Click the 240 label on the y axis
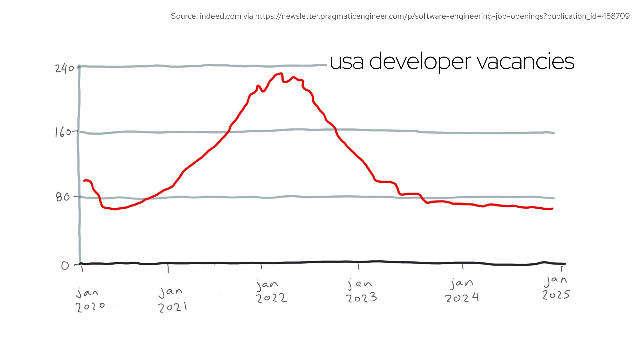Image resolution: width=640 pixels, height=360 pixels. (x=65, y=68)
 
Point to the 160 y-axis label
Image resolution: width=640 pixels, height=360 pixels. (x=63, y=132)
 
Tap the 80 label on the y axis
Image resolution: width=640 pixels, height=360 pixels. (x=63, y=197)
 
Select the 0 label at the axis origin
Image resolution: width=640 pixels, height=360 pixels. (x=65, y=265)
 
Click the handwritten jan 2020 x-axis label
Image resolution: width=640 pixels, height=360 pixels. (x=89, y=300)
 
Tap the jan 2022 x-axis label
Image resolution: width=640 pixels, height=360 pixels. (x=271, y=291)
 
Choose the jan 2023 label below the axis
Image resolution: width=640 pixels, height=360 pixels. (x=361, y=291)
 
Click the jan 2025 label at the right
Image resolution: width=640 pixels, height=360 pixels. (x=556, y=288)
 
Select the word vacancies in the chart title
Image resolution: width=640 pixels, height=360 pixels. (x=525, y=62)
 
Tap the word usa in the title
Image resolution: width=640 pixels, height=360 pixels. (x=346, y=62)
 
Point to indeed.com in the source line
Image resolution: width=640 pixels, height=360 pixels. (x=220, y=16)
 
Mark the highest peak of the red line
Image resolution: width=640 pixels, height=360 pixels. (x=281, y=74)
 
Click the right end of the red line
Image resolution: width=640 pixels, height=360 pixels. (x=552, y=209)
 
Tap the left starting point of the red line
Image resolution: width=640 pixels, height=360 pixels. (x=84, y=181)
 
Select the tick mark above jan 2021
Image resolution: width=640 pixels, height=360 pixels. (x=168, y=268)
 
